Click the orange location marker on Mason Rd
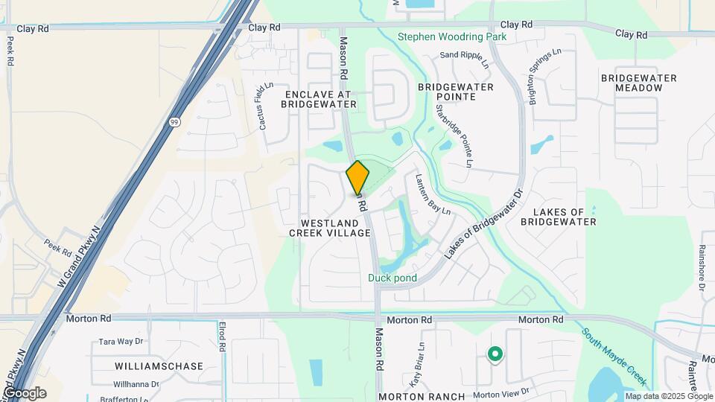pyautogui.click(x=357, y=178)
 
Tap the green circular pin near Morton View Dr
pyautogui.click(x=494, y=355)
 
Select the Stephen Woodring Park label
pyautogui.click(x=451, y=36)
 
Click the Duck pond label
pyautogui.click(x=392, y=278)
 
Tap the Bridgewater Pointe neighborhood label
pyautogui.click(x=456, y=92)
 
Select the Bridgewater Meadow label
pyautogui.click(x=638, y=83)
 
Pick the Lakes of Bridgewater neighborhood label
pyautogui.click(x=559, y=216)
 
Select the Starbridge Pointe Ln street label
pyautogui.click(x=454, y=135)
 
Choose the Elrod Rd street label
pyautogui.click(x=223, y=336)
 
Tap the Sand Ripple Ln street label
pyautogui.click(x=464, y=59)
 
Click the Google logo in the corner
pyautogui.click(x=25, y=392)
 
